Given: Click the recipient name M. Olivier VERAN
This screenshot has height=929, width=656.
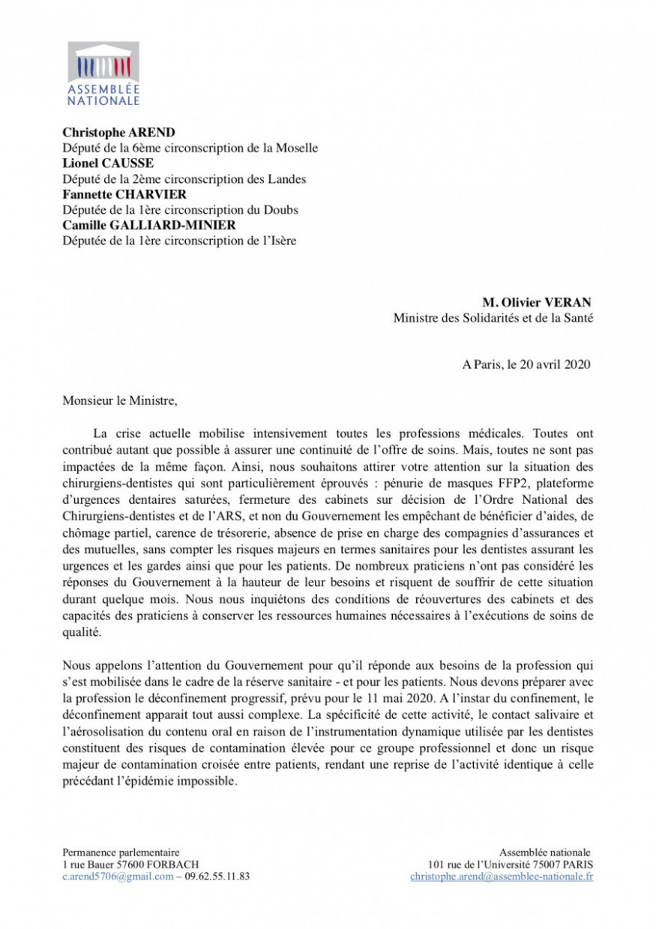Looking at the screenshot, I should point(536,302).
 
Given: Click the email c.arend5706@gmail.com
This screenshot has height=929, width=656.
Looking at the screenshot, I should point(118,877).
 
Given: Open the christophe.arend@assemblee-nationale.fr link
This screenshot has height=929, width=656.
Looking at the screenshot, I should point(502,877).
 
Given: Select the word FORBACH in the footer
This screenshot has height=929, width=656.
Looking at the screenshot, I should point(173,865).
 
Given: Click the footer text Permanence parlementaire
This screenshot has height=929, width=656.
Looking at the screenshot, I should point(121,853).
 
